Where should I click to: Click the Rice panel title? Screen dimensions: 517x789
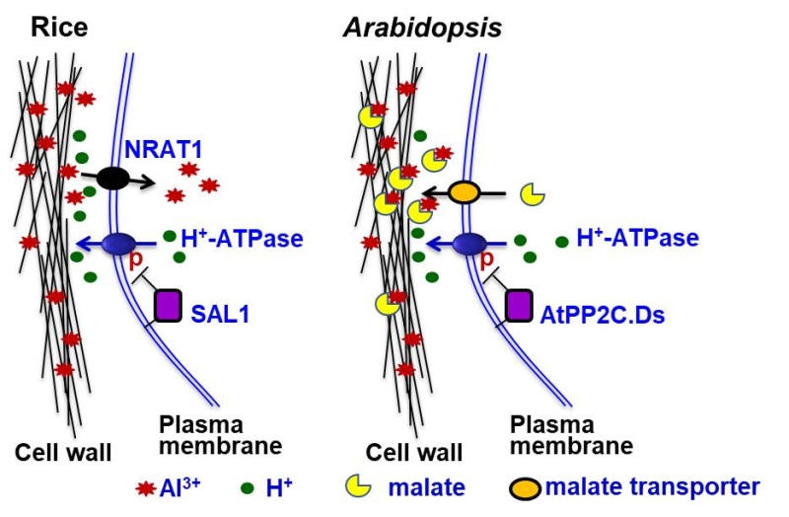[46, 25]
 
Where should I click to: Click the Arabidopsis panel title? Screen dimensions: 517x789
[422, 26]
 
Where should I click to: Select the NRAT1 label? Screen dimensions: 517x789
[162, 152]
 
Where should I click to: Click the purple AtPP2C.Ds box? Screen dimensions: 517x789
[519, 305]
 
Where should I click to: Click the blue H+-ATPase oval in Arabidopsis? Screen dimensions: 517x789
[470, 242]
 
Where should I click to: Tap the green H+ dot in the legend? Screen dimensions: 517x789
[246, 486]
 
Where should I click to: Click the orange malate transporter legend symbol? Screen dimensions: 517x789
[526, 486]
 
